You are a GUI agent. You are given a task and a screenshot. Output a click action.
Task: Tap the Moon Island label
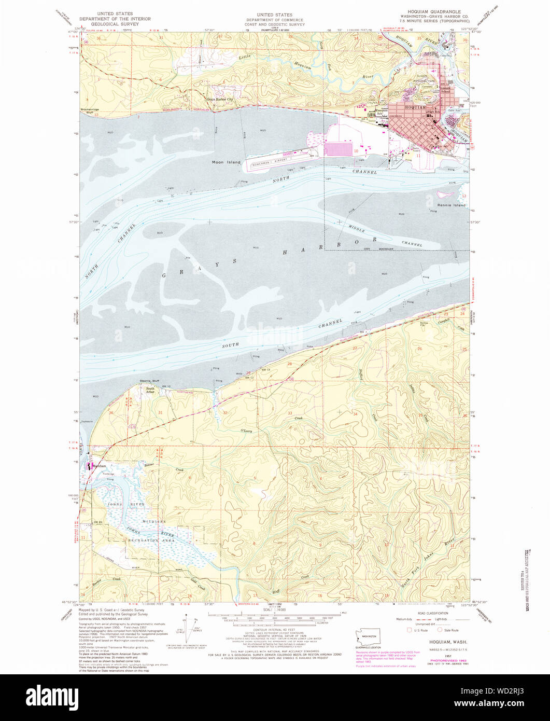226,162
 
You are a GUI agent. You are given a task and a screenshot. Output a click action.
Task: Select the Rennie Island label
452,205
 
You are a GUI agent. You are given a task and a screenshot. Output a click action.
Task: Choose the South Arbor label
150,390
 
